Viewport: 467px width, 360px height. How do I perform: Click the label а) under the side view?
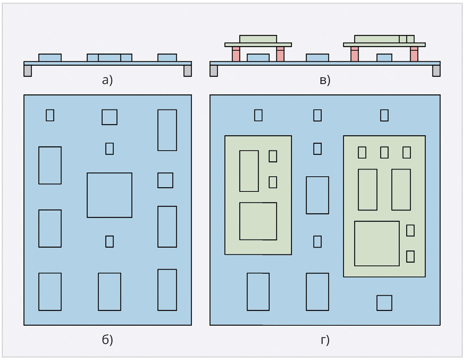[x=107, y=80]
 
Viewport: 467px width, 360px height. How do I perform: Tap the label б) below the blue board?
[x=107, y=339]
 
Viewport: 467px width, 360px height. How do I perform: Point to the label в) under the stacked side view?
[x=325, y=80]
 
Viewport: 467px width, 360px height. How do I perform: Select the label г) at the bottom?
[x=325, y=340]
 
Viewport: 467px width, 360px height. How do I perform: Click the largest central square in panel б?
[x=109, y=195]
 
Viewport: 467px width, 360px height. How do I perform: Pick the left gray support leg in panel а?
[x=28, y=71]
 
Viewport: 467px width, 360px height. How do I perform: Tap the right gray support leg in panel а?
[x=188, y=71]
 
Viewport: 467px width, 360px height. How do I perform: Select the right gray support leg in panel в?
[x=436, y=71]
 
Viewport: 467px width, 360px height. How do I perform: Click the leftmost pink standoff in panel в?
[x=236, y=54]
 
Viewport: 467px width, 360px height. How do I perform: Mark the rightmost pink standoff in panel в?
[x=414, y=54]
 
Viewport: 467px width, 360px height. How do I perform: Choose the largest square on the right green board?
[x=377, y=243]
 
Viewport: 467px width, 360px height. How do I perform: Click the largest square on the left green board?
[x=258, y=221]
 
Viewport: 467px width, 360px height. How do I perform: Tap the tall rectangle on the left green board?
[x=249, y=171]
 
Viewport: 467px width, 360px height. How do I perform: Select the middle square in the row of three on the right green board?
[x=384, y=152]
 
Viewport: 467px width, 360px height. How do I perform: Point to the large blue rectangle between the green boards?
[x=317, y=195]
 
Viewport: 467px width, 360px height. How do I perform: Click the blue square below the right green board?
[x=384, y=303]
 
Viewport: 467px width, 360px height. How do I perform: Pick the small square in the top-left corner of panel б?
[x=50, y=115]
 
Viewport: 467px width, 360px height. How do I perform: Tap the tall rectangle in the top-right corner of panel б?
[x=167, y=130]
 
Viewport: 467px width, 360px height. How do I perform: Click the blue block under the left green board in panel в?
[x=258, y=58]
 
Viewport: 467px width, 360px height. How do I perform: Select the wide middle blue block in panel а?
[x=109, y=58]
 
